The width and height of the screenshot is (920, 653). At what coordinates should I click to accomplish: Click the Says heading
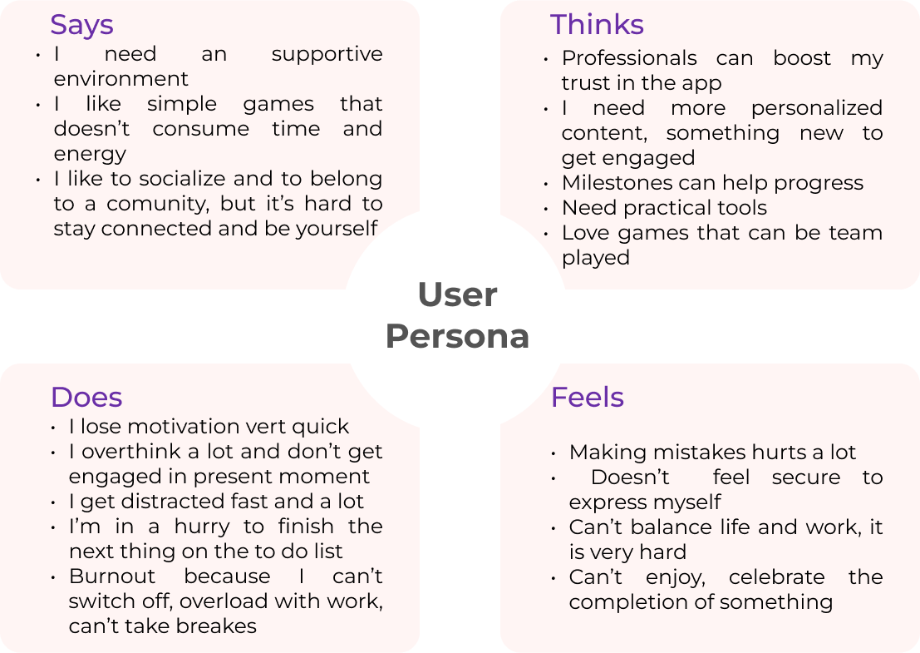click(x=81, y=25)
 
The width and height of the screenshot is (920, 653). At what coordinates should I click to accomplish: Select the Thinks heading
click(x=597, y=25)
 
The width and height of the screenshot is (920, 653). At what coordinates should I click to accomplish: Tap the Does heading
click(x=86, y=398)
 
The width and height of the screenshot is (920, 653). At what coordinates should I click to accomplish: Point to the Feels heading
click(x=587, y=398)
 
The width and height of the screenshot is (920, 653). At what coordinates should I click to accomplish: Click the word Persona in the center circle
click(x=457, y=337)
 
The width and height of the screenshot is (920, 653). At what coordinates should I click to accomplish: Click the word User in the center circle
click(x=457, y=295)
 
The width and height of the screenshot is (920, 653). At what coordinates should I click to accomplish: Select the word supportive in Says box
click(x=327, y=54)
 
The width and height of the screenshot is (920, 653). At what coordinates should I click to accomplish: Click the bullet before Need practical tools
click(x=546, y=208)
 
